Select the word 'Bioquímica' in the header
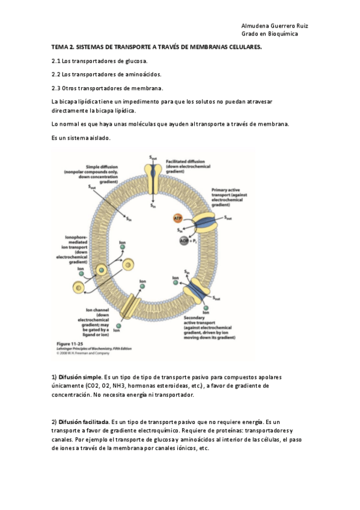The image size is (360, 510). (x=282, y=34)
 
